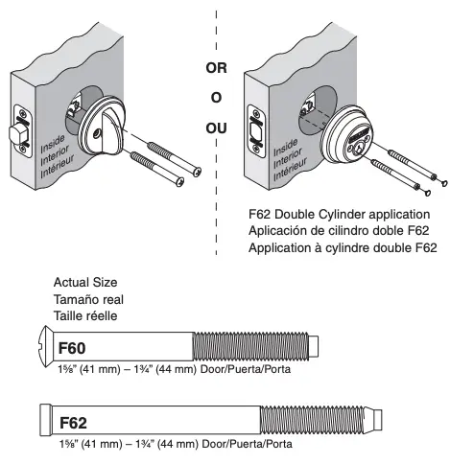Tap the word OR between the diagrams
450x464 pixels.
tap(216, 69)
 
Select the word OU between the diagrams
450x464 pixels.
tap(216, 128)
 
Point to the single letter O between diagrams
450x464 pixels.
tap(216, 98)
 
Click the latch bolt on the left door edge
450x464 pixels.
tap(16, 133)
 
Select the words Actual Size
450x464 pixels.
tap(85, 283)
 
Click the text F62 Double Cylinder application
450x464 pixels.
tap(338, 214)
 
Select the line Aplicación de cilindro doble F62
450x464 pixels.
tap(335, 230)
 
